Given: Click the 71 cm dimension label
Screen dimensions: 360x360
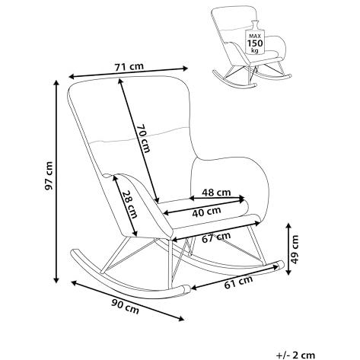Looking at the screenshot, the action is pyautogui.click(x=129, y=67).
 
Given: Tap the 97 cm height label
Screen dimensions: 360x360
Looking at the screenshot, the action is pyautogui.click(x=48, y=176).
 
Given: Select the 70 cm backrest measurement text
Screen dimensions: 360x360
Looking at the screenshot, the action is pyautogui.click(x=143, y=138).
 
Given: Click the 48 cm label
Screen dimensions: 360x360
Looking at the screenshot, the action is pyautogui.click(x=216, y=193).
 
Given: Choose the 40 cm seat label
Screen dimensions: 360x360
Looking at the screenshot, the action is pyautogui.click(x=206, y=212).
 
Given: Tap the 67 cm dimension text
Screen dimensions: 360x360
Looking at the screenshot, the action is pyautogui.click(x=216, y=237).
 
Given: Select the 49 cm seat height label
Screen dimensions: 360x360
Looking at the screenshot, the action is pyautogui.click(x=295, y=250).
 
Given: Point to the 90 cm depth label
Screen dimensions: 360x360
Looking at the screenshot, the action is pyautogui.click(x=126, y=307).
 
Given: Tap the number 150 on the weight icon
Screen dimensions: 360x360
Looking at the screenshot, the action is pyautogui.click(x=255, y=43).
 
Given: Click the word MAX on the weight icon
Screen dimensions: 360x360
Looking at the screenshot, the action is pyautogui.click(x=255, y=36).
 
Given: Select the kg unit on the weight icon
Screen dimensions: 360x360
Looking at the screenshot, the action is pyautogui.click(x=255, y=51).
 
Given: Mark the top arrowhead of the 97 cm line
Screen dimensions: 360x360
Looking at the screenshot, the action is pyautogui.click(x=56, y=81).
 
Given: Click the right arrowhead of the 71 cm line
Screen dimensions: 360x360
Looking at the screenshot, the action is pyautogui.click(x=186, y=68).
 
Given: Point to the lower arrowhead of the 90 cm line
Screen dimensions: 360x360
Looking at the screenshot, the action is pyautogui.click(x=182, y=319).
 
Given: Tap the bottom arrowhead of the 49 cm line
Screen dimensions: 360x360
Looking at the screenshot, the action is pyautogui.click(x=288, y=272).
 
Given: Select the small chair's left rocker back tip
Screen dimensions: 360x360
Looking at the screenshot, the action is pyautogui.click(x=214, y=72).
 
